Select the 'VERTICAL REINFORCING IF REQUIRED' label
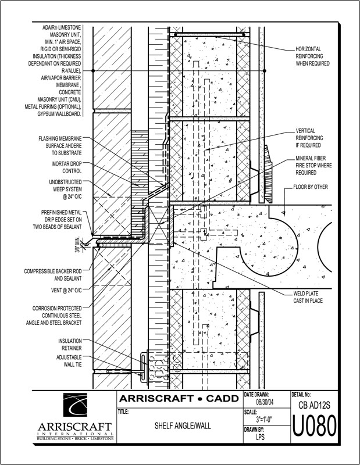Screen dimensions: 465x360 (x=316, y=138)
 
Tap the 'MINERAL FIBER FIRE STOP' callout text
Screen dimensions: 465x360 (x=316, y=165)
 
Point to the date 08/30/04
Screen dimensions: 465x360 (x=266, y=403)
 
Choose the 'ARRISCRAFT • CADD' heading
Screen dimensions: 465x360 (x=179, y=399)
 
